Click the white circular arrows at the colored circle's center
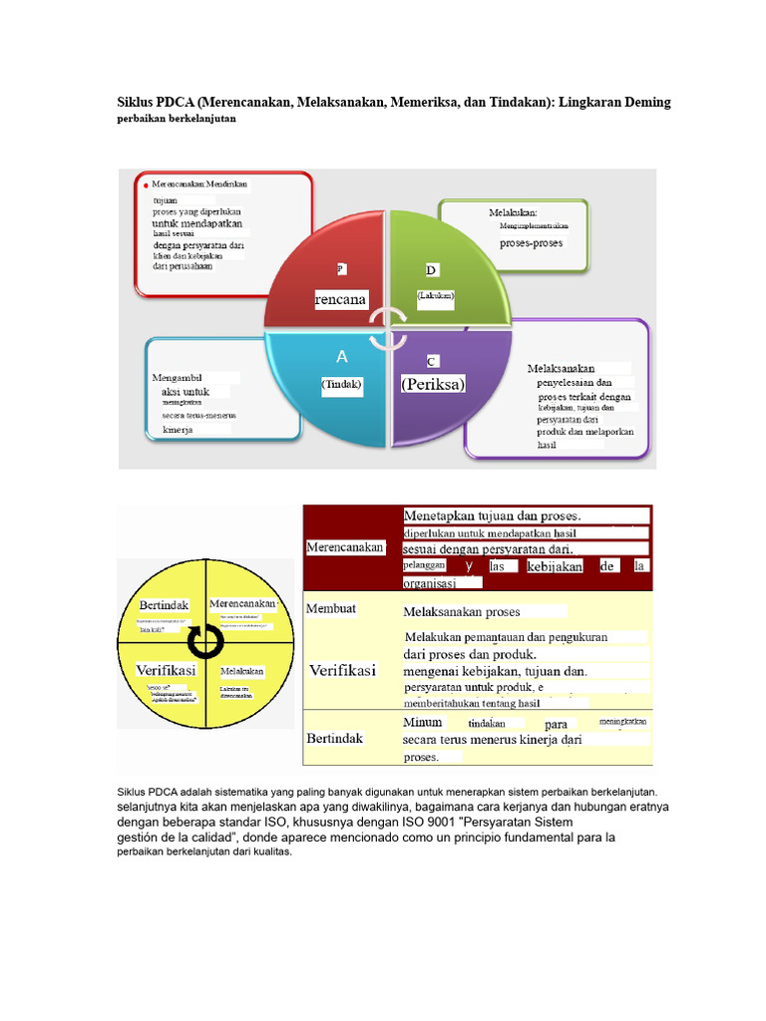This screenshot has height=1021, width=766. click(x=386, y=328)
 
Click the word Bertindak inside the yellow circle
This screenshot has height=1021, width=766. click(x=164, y=605)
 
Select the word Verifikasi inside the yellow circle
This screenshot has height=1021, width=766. click(x=165, y=670)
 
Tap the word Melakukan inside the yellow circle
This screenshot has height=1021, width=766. click(x=242, y=672)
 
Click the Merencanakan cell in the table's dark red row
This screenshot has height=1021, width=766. click(x=344, y=547)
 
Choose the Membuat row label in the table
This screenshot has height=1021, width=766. click(x=331, y=608)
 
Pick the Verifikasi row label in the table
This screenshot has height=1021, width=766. click(x=342, y=671)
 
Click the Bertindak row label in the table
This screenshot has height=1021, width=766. click(x=334, y=739)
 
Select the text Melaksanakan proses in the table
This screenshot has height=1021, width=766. click(x=461, y=611)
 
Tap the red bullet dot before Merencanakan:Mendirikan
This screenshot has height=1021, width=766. click(x=146, y=185)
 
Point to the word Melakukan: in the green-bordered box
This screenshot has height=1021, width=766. click(x=513, y=212)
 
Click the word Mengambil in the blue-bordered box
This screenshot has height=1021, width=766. click(x=178, y=379)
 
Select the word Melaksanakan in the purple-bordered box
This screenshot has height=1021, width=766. click(x=561, y=369)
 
